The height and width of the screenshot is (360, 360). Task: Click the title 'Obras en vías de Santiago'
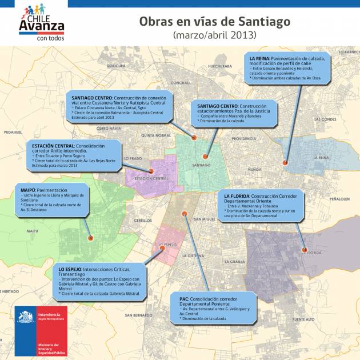(x=214, y=22)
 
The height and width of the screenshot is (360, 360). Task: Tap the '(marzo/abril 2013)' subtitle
(x=214, y=35)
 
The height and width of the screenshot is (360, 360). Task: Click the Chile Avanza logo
(x=42, y=22)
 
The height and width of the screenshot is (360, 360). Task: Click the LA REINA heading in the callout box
(x=260, y=58)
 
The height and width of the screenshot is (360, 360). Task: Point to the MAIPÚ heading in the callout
(x=29, y=190)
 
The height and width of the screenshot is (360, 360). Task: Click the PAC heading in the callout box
(x=184, y=299)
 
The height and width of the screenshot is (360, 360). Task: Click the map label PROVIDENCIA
(x=244, y=139)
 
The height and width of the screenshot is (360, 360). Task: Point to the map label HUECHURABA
(x=219, y=66)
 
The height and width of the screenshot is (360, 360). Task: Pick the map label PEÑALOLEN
(x=339, y=199)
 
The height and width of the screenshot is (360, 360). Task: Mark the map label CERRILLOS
(x=143, y=221)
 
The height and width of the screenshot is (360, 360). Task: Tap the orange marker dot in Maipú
(x=89, y=238)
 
